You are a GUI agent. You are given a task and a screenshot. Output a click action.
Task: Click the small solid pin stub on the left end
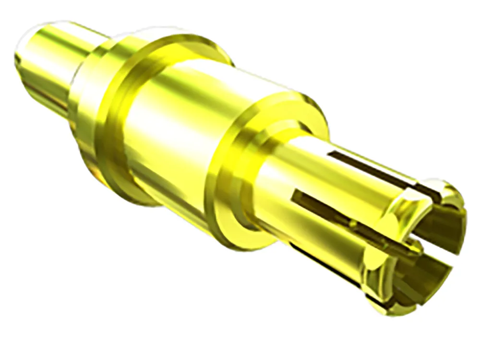tap(53, 67)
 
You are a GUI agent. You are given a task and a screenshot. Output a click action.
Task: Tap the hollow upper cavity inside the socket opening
tap(442, 226)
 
